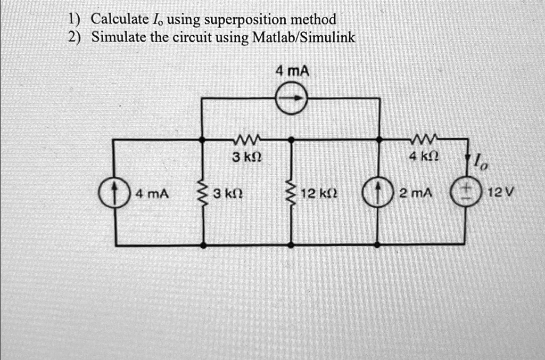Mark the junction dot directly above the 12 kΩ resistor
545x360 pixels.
point(291,139)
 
